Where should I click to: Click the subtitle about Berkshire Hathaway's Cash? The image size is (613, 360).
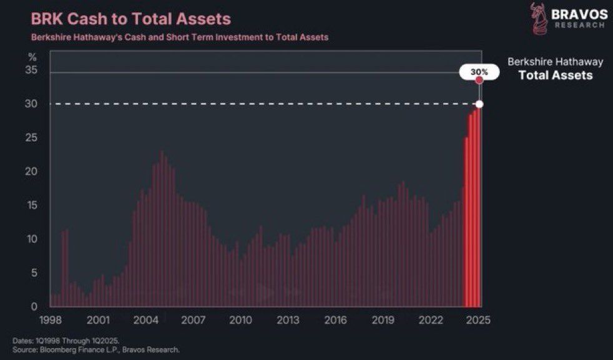(180, 37)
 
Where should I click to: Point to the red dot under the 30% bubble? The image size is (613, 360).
(479, 80)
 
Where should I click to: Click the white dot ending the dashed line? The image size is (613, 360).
(479, 104)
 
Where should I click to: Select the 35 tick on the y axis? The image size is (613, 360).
(33, 71)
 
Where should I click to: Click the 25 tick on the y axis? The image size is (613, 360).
(33, 137)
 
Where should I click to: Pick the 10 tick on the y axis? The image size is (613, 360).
(33, 239)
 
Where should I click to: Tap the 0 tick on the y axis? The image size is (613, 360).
(36, 306)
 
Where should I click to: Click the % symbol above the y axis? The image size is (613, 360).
(33, 57)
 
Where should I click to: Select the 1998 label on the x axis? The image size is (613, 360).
(51, 320)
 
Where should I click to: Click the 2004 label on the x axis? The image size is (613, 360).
(145, 320)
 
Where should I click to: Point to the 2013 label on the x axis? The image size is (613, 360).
(288, 320)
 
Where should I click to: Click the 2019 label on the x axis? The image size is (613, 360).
(383, 320)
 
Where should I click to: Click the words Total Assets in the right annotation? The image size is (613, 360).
(556, 75)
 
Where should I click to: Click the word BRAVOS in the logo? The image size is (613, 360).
(579, 14)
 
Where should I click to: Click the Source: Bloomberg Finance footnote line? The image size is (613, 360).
(96, 349)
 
